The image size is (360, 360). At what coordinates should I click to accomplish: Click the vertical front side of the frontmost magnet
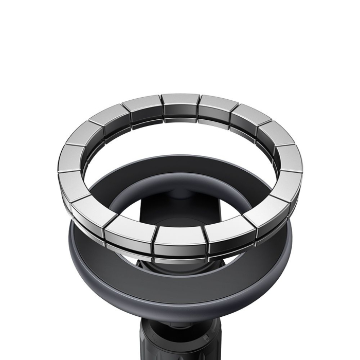click(x=180, y=248)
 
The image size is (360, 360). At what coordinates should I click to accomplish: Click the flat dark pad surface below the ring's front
click(x=180, y=278)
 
